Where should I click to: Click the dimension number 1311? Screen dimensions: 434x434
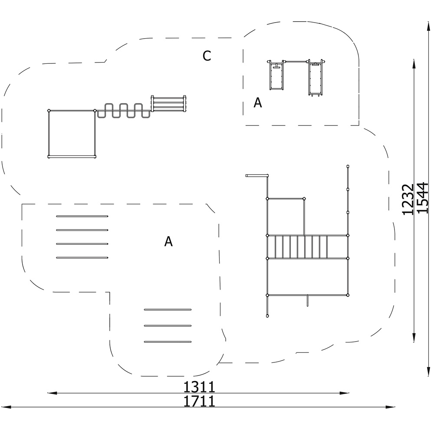click(x=199, y=387)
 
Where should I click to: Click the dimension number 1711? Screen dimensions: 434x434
click(x=199, y=401)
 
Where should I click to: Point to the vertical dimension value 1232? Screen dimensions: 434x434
click(x=408, y=199)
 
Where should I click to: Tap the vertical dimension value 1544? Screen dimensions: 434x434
click(x=423, y=197)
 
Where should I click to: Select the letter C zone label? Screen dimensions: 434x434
click(x=207, y=56)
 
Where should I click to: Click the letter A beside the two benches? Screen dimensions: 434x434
click(x=258, y=102)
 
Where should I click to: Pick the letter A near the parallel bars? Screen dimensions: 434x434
click(x=168, y=241)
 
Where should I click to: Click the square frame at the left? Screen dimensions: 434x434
click(x=49, y=133)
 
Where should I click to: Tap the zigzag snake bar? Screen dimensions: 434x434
click(x=123, y=110)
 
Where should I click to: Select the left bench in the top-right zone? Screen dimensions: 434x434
click(x=276, y=75)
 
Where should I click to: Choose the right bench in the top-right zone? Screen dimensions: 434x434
click(x=316, y=77)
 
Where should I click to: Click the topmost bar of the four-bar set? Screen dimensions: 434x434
click(x=82, y=216)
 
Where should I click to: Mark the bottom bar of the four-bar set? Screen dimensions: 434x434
click(x=82, y=258)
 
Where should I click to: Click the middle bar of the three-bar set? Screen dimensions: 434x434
click(x=168, y=326)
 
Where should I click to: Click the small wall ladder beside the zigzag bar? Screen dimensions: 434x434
click(x=168, y=104)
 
